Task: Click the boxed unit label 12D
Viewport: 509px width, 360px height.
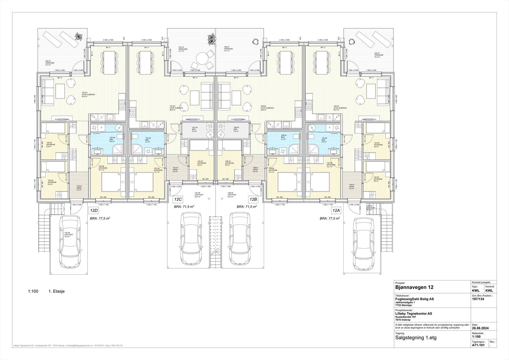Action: (94, 210)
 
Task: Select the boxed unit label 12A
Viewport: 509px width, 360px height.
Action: (336, 210)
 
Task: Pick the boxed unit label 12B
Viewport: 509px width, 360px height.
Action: (253, 200)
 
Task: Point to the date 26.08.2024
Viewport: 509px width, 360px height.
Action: (480, 328)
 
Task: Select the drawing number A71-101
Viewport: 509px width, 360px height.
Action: (478, 345)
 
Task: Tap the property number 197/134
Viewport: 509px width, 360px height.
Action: (478, 299)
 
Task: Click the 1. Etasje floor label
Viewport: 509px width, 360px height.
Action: (57, 291)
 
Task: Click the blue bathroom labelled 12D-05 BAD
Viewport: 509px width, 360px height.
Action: (111, 139)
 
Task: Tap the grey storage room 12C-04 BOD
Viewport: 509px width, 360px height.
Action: (195, 129)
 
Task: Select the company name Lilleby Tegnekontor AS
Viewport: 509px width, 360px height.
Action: (413, 314)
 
